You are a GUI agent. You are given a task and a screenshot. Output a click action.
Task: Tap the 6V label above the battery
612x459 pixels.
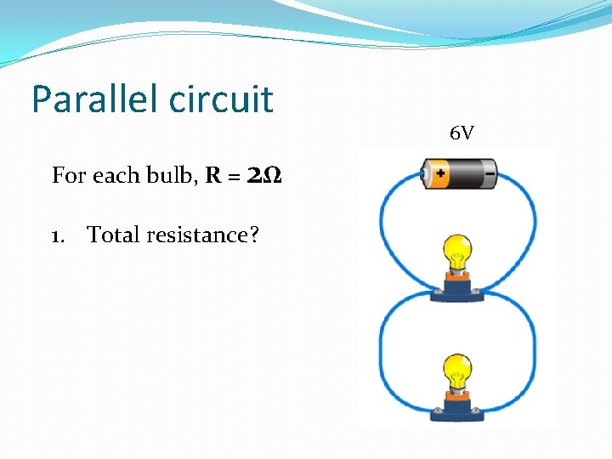462,133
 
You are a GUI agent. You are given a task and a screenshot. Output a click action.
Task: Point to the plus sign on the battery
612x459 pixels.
441,176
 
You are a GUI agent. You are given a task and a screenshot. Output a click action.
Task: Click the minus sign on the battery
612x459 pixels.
490,175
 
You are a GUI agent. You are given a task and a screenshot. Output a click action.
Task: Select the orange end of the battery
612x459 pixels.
440,176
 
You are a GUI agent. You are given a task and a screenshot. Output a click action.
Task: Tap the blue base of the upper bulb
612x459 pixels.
458,290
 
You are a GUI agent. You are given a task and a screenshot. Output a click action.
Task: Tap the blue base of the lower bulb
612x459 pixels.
458,411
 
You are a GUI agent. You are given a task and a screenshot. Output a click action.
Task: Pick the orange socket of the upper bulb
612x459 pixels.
458,274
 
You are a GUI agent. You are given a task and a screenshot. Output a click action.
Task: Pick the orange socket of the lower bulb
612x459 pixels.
458,395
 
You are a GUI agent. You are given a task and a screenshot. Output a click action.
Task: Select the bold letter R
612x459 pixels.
213,176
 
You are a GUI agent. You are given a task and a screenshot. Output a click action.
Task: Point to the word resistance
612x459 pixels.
202,235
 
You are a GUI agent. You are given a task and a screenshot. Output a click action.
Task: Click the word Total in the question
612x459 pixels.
114,235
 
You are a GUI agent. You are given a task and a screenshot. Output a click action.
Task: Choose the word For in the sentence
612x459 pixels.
68,176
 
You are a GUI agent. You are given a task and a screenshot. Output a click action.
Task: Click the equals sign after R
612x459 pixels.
234,177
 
